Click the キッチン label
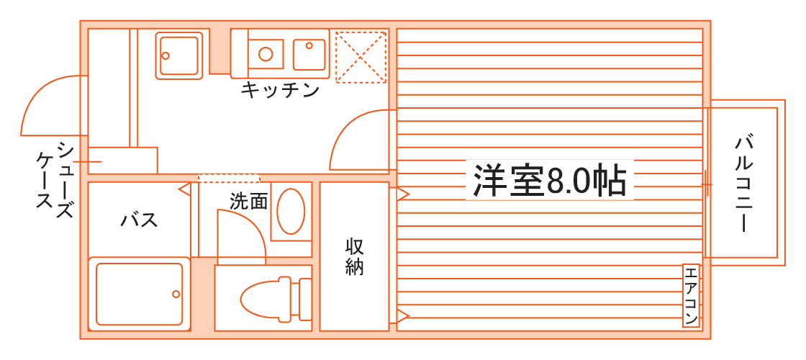[x=280, y=91]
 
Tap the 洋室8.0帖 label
[x=549, y=181]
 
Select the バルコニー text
[x=743, y=183]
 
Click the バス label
[x=139, y=220]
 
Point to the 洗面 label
[x=248, y=202]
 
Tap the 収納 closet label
[x=354, y=256]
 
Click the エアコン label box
[x=691, y=296]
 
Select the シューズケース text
[x=55, y=176]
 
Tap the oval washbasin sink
[x=291, y=211]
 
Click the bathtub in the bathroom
[x=139, y=294]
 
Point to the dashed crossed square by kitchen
[x=361, y=56]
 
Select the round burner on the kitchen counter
[x=266, y=53]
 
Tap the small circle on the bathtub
[x=175, y=294]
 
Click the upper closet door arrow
[x=402, y=194]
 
